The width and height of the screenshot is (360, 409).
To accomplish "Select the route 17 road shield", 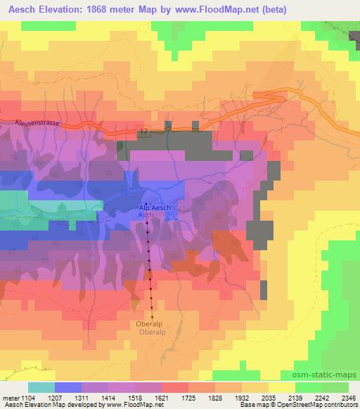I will tap(144, 131).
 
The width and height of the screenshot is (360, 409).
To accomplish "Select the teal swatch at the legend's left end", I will tap(41, 387).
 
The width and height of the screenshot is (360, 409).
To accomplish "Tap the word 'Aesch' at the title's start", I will tap(18, 9).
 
